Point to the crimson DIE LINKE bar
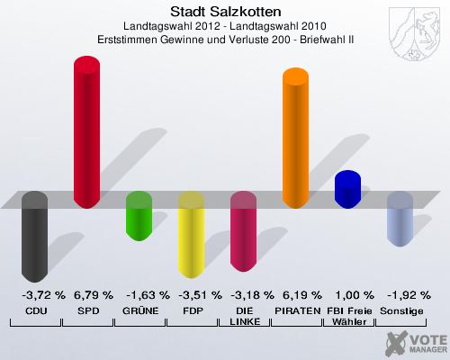click(x=244, y=231)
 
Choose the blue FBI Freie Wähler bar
click(x=348, y=188)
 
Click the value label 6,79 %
click(x=87, y=294)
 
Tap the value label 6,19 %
click(x=296, y=294)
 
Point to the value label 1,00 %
click(x=348, y=294)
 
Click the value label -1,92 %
click(x=400, y=294)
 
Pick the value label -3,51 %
click(x=191, y=294)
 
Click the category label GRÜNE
click(x=139, y=310)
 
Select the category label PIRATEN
click(x=296, y=310)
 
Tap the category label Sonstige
click(x=400, y=310)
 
